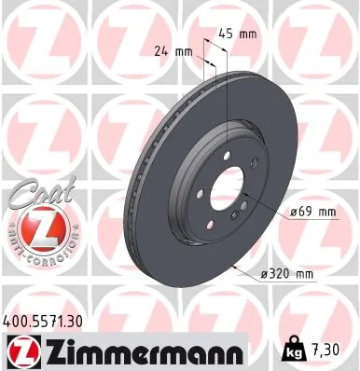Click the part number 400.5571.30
pyautogui.click(x=51, y=321)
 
